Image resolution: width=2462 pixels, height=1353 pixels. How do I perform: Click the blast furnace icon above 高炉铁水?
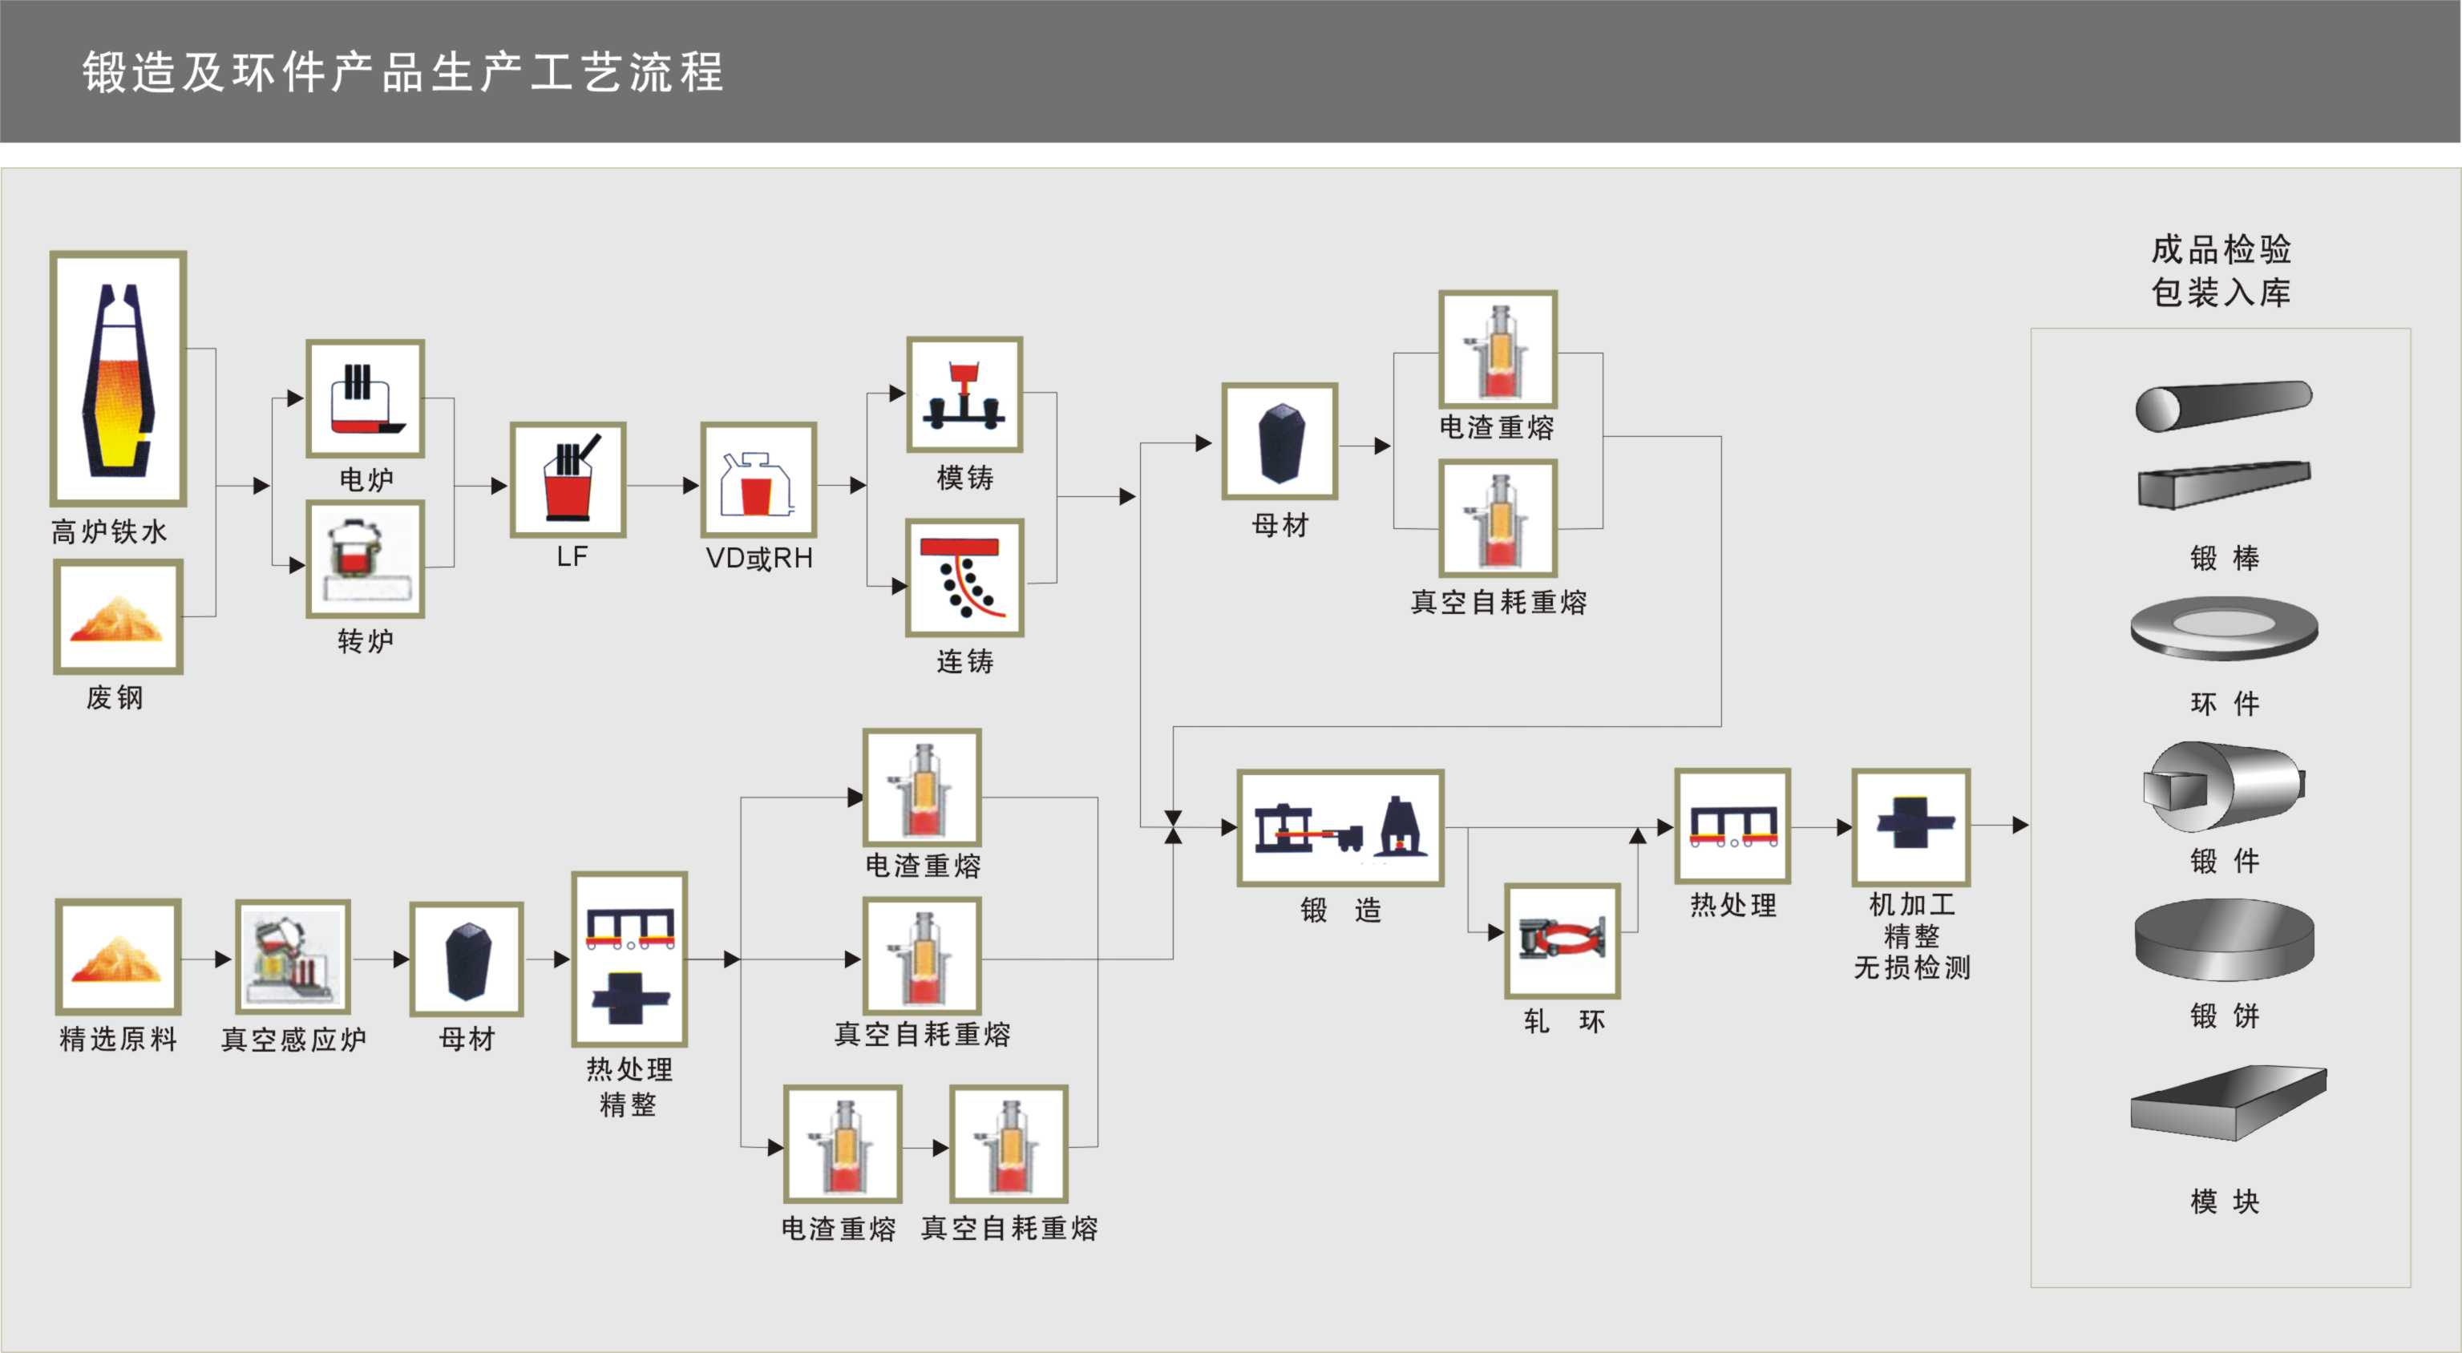[119, 378]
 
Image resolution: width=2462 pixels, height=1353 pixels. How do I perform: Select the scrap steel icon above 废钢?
[119, 617]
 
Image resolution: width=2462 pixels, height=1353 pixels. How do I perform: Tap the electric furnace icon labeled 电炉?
[365, 398]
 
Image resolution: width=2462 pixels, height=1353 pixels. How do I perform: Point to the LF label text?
[572, 557]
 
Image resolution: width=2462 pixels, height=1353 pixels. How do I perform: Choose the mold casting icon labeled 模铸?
[964, 394]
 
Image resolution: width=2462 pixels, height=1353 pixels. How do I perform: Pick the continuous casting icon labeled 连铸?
[964, 577]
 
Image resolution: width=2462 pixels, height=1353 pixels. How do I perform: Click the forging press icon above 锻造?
[1340, 827]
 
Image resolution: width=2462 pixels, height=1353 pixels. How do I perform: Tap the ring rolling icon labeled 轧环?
[1562, 941]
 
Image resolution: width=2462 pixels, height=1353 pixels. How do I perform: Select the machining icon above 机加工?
[1910, 826]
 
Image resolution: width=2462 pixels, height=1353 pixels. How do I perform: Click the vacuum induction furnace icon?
[293, 957]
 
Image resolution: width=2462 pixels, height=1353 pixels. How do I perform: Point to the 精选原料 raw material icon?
[119, 956]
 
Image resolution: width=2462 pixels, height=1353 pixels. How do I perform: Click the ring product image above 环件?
[2223, 628]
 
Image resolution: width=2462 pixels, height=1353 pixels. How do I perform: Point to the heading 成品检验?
[2221, 249]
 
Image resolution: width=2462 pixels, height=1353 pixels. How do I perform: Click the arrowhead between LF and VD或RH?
[690, 486]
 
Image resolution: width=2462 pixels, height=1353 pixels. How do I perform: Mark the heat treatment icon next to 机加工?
[1732, 826]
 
